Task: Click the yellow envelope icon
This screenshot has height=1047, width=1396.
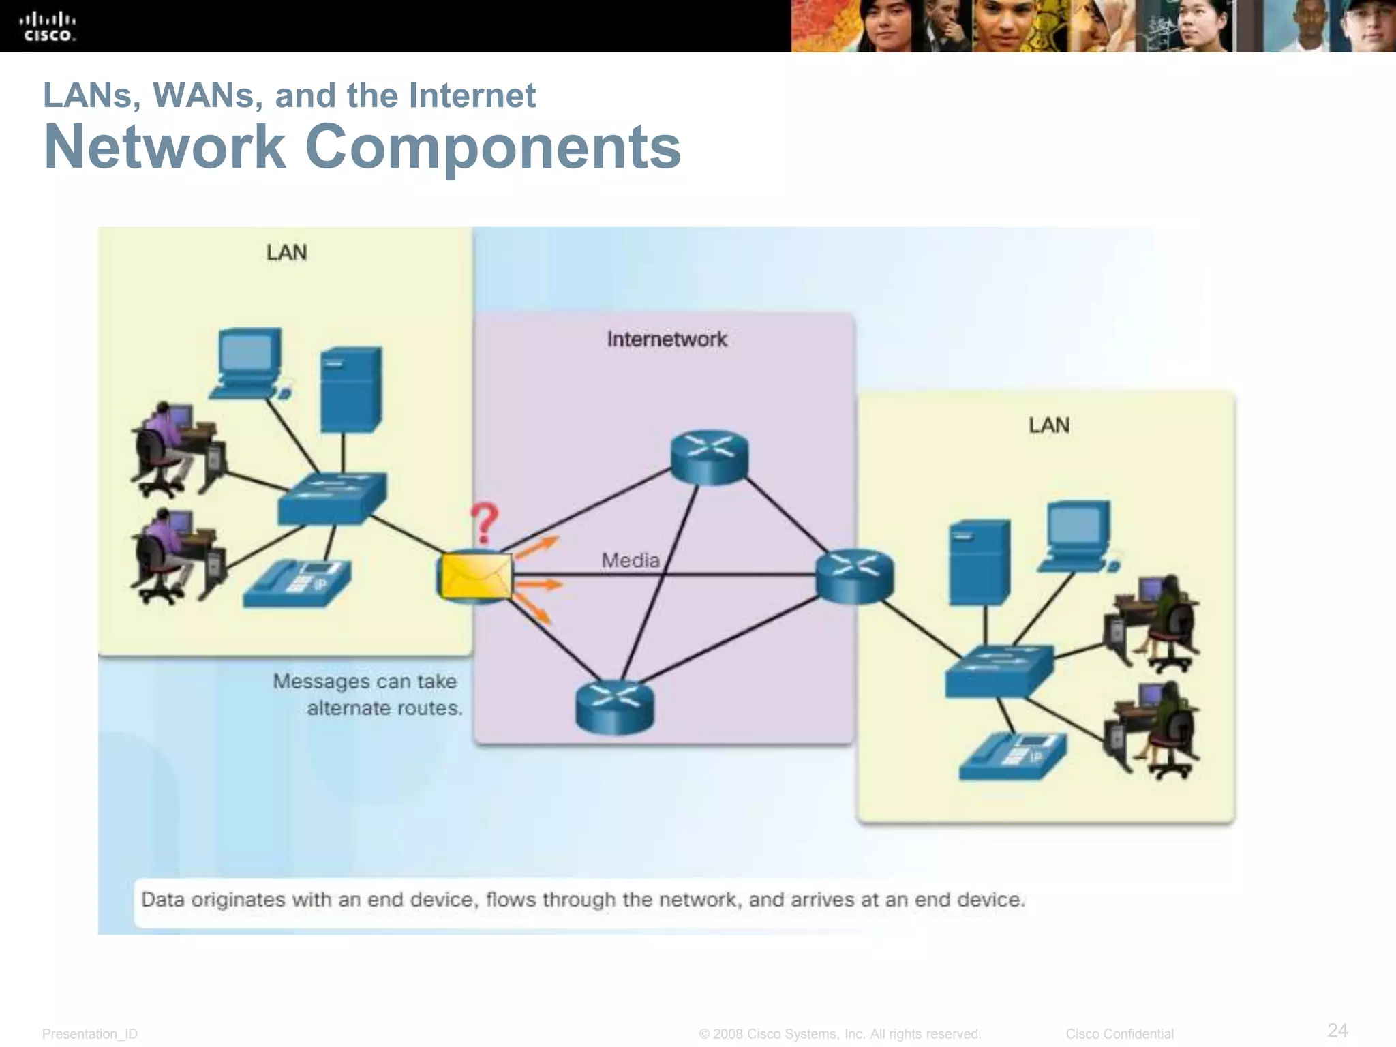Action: tap(475, 577)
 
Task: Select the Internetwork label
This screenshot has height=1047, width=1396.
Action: tap(667, 339)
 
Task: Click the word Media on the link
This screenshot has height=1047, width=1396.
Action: tap(631, 560)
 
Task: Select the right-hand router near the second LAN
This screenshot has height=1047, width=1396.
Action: tap(854, 577)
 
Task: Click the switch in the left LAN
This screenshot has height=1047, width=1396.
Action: tap(332, 498)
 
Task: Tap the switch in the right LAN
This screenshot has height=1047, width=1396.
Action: tap(999, 671)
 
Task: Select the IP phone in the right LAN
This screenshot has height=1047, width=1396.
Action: tap(1012, 757)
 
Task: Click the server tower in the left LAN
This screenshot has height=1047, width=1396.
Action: tap(351, 389)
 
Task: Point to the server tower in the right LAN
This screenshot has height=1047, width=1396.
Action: tap(980, 562)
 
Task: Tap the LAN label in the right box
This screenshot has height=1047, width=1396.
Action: tap(1048, 425)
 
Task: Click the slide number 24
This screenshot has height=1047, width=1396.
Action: tap(1337, 1029)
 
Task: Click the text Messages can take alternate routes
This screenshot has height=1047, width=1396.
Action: tap(367, 695)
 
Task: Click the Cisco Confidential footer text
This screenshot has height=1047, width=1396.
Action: tap(1119, 1034)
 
